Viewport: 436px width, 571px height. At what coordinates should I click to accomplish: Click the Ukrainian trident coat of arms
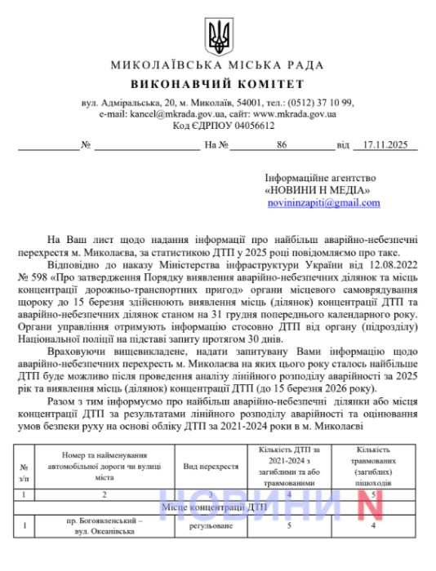[x=218, y=34]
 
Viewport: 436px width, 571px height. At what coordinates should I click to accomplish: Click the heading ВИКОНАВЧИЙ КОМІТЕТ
[x=217, y=85]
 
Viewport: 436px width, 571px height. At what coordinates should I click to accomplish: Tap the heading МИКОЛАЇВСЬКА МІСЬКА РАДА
[x=217, y=66]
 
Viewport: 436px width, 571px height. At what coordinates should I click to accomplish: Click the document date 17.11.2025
[x=387, y=144]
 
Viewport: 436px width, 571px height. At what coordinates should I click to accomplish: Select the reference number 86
[x=283, y=144]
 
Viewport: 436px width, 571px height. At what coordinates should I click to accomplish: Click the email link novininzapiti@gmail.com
[x=323, y=202]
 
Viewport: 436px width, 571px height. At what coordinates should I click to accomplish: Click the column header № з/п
[x=23, y=471]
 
